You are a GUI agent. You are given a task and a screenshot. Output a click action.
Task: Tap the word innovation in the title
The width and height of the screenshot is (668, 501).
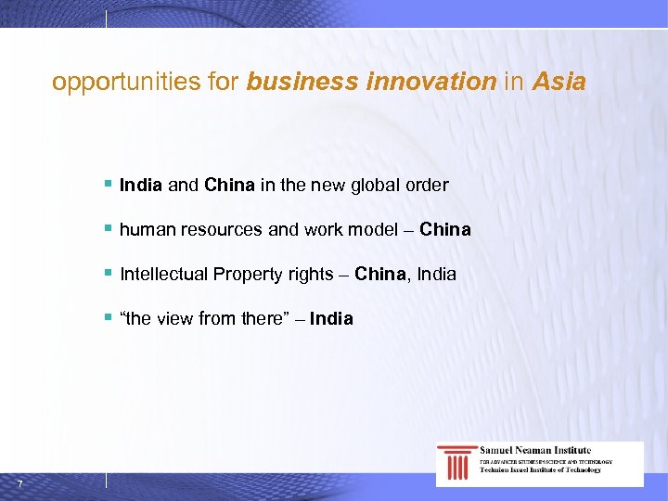coord(431,83)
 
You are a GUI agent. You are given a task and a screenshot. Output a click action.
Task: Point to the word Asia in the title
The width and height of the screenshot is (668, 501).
coord(559,83)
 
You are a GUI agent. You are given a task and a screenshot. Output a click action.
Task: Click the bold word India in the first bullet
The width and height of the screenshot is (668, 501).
coord(141,185)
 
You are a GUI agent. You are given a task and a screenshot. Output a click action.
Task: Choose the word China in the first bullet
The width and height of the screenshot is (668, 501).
coord(230,185)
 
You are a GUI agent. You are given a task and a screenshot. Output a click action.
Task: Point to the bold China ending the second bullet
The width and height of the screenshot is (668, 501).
coord(445,229)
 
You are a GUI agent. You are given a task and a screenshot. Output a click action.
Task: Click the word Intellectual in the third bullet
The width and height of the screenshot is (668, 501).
coord(163,274)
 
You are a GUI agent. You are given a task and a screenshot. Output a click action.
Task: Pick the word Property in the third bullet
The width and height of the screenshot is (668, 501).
coord(246,274)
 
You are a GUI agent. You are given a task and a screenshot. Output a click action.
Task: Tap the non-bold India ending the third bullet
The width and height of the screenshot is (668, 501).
coord(437,274)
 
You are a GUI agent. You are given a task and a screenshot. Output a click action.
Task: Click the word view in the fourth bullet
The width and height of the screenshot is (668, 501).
coord(174,318)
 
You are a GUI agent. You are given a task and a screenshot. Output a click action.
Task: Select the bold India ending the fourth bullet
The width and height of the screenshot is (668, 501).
coord(331,318)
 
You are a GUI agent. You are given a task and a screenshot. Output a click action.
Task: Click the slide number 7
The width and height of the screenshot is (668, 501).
coord(19,482)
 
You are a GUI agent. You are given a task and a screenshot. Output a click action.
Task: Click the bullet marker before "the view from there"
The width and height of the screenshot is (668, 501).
coord(109,318)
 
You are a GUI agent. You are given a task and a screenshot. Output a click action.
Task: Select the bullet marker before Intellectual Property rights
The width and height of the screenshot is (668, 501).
coord(109,274)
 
